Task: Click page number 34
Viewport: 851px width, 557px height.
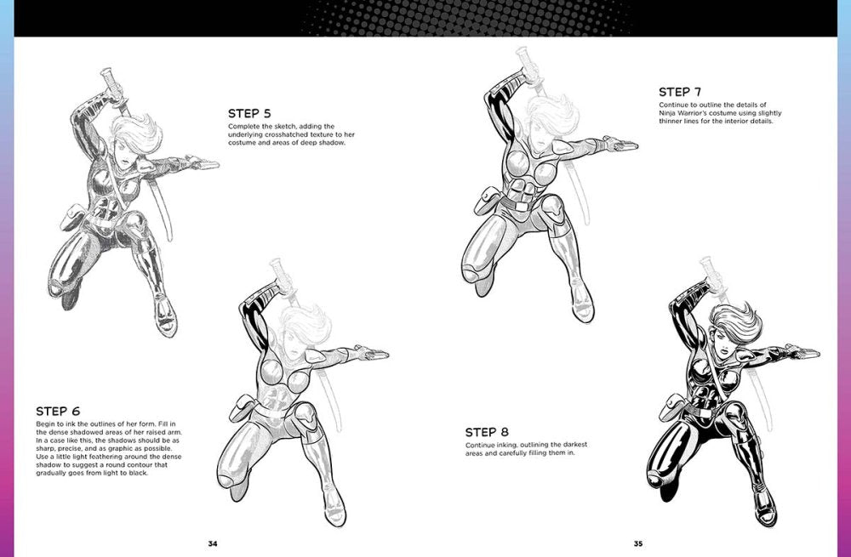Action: tap(213, 543)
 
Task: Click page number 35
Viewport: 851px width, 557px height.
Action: tap(638, 543)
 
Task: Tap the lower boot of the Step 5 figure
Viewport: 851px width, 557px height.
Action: tap(166, 316)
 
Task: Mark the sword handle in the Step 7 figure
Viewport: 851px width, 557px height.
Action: tap(523, 65)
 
